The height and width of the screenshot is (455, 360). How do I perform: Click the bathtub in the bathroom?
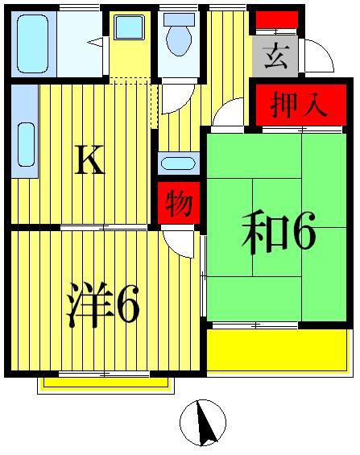(x=32, y=43)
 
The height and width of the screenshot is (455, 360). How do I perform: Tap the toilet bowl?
(x=179, y=40)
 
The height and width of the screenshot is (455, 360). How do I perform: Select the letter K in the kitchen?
(x=89, y=159)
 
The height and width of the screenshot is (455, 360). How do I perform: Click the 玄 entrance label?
(x=276, y=56)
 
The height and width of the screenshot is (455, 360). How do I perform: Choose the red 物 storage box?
(x=179, y=203)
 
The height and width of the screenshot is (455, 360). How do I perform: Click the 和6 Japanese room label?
(x=279, y=233)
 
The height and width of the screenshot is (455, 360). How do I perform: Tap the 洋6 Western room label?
(x=103, y=304)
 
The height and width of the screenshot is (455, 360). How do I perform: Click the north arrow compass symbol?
(x=203, y=423)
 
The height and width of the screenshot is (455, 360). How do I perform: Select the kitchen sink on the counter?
(x=27, y=144)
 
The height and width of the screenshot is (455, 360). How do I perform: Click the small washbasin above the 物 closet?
(x=178, y=163)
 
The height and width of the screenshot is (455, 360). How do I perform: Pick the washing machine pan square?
(x=130, y=27)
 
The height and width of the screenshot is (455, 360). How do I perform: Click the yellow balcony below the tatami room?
(x=278, y=350)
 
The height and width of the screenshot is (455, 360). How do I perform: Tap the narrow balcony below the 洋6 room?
(x=106, y=383)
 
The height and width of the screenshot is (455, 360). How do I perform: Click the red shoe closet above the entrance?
(x=277, y=20)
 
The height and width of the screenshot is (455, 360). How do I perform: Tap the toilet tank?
(x=179, y=20)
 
